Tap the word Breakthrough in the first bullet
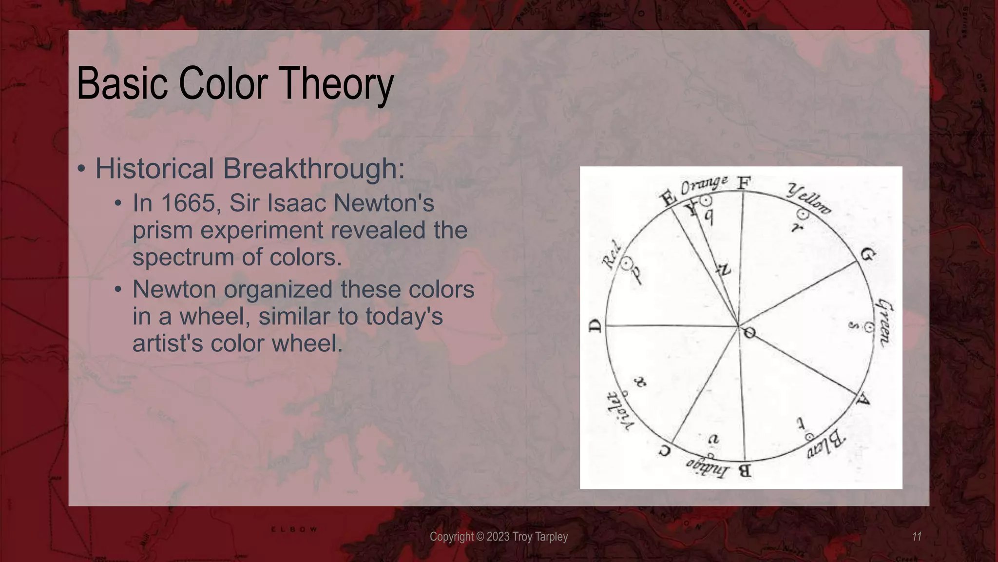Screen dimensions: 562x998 point(313,168)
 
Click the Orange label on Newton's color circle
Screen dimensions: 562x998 point(704,185)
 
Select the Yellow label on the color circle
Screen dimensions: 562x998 point(809,200)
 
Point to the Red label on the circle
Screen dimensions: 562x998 point(612,255)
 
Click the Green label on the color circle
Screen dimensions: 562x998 point(885,323)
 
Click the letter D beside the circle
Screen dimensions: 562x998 point(596,326)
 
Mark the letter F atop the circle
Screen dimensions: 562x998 point(743,183)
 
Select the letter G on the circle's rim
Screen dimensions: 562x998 point(867,254)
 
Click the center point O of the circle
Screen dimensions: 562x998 point(749,333)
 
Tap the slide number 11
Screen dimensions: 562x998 point(916,537)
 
